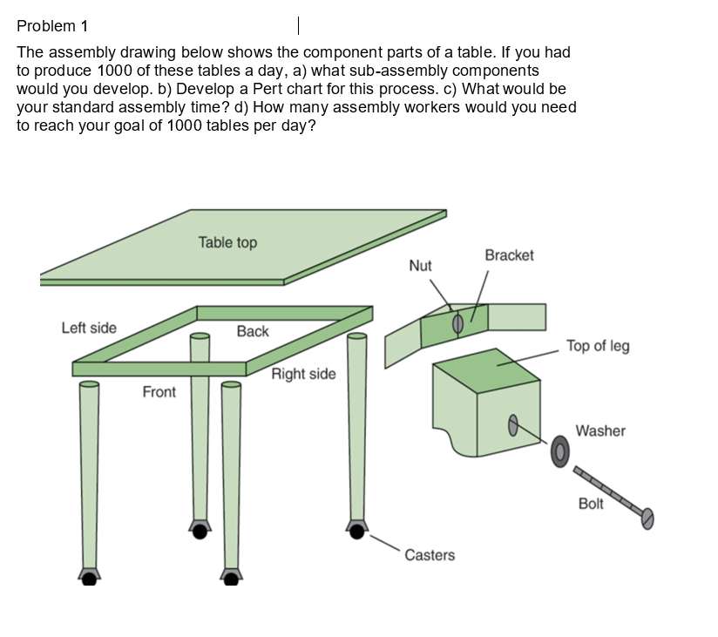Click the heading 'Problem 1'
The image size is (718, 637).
pos(52,25)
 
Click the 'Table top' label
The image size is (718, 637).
pos(227,242)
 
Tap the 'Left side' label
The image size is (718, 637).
pos(89,328)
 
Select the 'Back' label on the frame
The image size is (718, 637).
pos(253,331)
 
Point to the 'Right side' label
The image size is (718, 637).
pos(303,374)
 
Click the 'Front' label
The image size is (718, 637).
pos(159,392)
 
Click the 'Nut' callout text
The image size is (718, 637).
pos(420,266)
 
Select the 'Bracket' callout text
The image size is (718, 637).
pos(509,255)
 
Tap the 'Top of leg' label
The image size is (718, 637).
pos(598,346)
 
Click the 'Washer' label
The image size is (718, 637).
pos(600,430)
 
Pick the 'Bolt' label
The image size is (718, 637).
pos(591,504)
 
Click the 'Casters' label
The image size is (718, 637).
pos(430,555)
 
